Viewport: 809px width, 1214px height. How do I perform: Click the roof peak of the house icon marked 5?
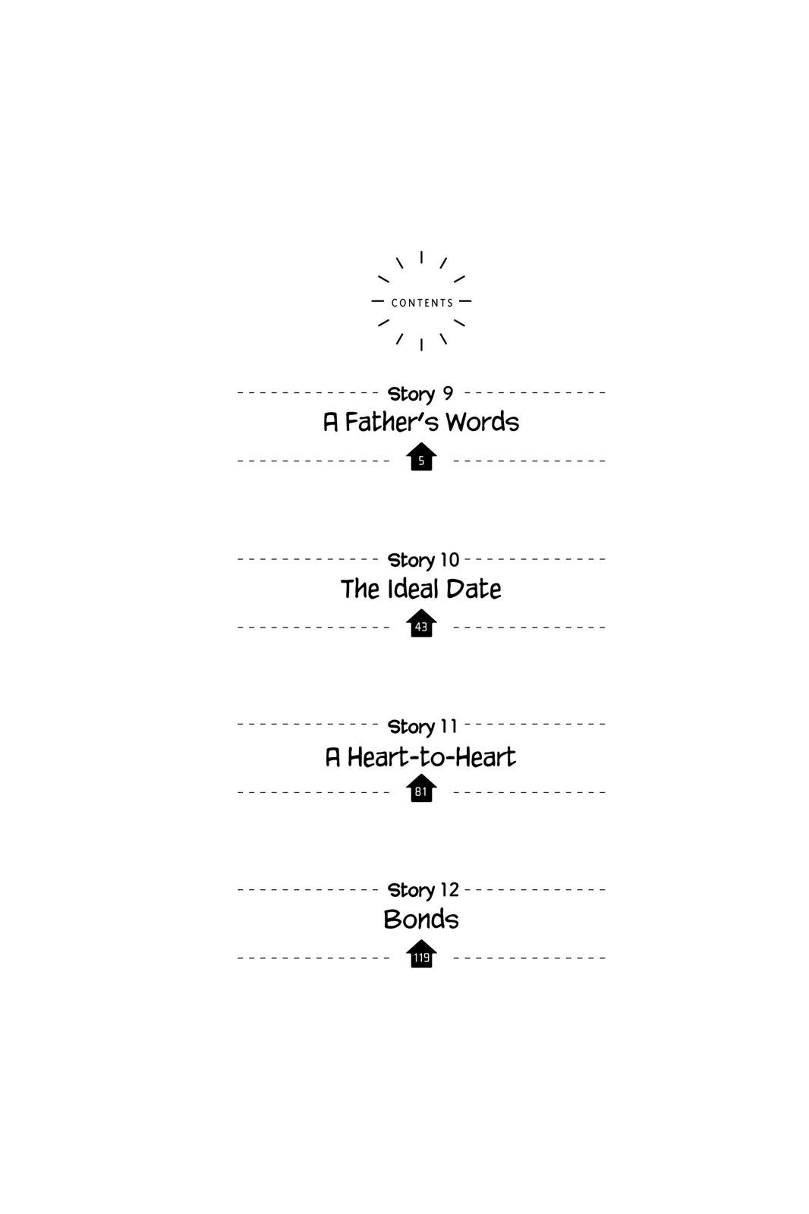click(421, 443)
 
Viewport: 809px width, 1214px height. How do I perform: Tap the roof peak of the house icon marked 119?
click(421, 940)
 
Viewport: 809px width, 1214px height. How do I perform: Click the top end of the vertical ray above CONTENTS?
click(421, 251)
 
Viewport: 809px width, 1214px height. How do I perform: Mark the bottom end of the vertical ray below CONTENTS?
click(421, 350)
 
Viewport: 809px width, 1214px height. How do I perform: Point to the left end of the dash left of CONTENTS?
click(372, 300)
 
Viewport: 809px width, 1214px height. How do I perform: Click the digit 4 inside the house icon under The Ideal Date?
click(418, 627)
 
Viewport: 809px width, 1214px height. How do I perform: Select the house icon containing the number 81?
click(421, 788)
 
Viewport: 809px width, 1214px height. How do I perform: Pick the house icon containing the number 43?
click(421, 624)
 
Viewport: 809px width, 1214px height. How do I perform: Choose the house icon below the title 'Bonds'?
click(421, 955)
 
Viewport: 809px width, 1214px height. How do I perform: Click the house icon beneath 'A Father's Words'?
click(421, 457)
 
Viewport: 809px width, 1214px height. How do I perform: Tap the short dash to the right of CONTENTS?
click(465, 300)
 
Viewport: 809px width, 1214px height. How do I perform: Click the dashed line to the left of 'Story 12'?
click(304, 889)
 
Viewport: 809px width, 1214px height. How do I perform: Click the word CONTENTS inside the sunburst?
click(422, 303)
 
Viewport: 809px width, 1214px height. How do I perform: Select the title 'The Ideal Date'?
click(420, 589)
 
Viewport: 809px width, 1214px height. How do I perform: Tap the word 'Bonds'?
click(421, 919)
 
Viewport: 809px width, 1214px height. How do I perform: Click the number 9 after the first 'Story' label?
click(448, 393)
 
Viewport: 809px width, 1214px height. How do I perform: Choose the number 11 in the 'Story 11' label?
click(449, 725)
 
